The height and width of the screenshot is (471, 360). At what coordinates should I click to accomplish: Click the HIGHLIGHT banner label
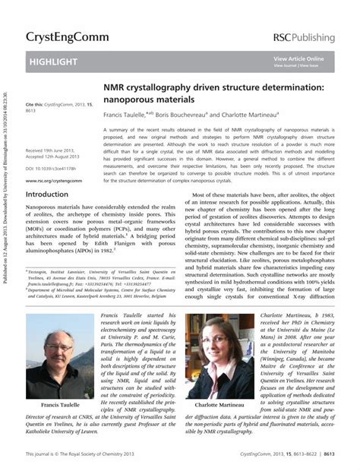click(x=53, y=61)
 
